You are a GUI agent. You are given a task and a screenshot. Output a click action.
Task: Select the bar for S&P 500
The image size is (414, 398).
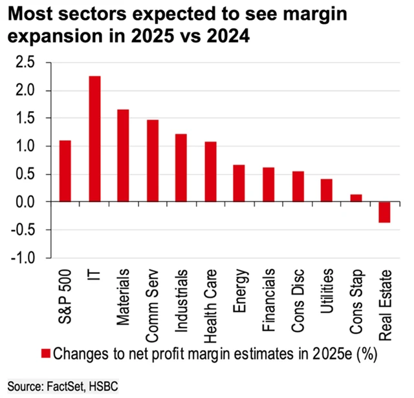click(x=65, y=171)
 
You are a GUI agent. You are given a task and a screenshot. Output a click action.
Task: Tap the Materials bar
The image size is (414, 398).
click(x=123, y=156)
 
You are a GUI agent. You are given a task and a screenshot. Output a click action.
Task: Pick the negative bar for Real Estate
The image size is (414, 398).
click(x=385, y=212)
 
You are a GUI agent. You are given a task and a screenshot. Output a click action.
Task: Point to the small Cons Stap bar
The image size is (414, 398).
click(x=356, y=198)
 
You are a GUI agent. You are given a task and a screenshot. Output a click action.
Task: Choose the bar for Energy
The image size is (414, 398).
click(x=239, y=183)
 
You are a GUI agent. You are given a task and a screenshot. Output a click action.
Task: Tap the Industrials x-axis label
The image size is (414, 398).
click(x=182, y=297)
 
